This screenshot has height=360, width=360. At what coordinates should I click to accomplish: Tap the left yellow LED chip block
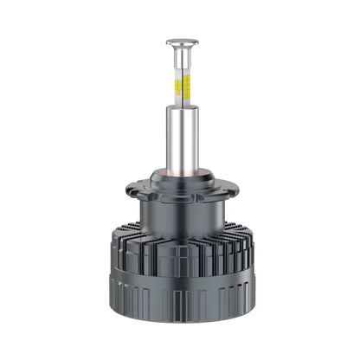point(177,87)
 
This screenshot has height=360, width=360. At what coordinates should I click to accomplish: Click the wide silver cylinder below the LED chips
point(179,138)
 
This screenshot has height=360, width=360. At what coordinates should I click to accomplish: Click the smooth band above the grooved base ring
point(179,279)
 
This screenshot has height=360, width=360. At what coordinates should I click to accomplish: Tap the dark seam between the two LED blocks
point(180,87)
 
